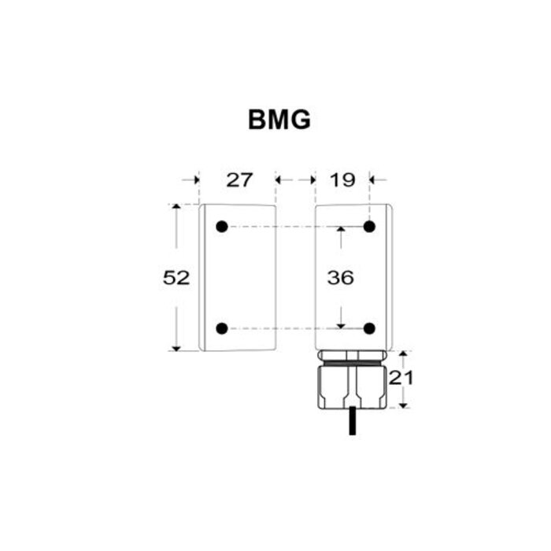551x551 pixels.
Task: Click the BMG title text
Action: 279,120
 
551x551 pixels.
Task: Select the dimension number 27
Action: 239,179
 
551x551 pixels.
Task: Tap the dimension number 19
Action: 342,179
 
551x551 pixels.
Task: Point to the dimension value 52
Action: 176,277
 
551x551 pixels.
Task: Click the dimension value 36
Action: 340,277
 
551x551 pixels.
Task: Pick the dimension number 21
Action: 401,378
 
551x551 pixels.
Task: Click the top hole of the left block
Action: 221,227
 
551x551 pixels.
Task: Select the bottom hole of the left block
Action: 221,327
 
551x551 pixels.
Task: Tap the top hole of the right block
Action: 369,227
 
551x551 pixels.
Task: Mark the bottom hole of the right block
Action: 369,327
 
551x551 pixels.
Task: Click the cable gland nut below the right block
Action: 352,386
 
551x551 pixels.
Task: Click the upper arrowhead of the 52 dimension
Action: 176,208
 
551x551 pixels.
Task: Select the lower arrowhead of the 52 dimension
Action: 176,346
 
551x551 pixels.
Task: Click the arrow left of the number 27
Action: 192,179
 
